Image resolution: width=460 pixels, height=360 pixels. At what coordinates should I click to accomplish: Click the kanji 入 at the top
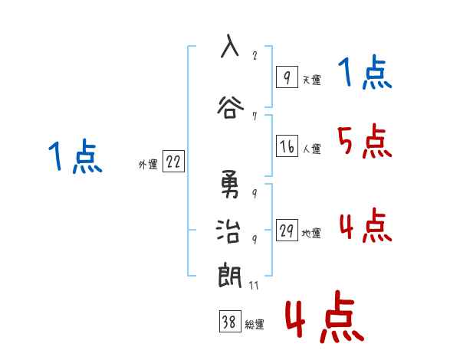[228, 46]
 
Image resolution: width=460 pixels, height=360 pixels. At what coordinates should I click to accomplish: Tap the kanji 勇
[228, 185]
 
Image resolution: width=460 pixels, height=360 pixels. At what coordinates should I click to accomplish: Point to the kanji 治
[228, 231]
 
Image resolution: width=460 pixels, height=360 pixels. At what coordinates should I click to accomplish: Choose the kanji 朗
[228, 274]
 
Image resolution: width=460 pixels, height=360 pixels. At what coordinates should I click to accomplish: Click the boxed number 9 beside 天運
[286, 77]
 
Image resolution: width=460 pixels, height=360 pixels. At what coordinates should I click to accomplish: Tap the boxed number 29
[287, 231]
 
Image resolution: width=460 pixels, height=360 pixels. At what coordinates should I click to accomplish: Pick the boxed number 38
[229, 323]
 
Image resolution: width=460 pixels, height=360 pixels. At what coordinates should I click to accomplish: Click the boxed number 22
[173, 162]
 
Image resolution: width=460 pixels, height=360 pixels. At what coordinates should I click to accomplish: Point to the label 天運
[310, 80]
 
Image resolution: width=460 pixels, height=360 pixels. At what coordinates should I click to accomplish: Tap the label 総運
[255, 325]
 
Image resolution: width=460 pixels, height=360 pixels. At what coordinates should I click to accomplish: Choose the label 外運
[147, 163]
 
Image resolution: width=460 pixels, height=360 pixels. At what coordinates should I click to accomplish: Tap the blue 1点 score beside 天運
[365, 74]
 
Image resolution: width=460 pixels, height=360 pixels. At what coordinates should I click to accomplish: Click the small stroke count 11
[254, 285]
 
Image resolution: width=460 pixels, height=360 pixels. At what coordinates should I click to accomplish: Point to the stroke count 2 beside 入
[254, 54]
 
